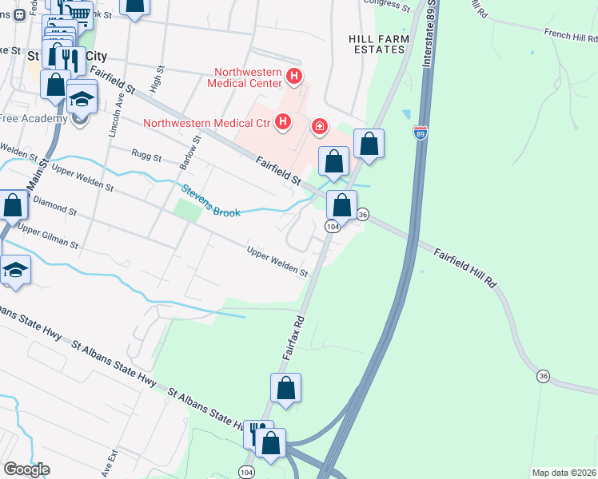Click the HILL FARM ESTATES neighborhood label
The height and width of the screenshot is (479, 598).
point(379,44)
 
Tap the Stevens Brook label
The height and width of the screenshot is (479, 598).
point(211,201)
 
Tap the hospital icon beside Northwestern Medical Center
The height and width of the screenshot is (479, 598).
point(294,77)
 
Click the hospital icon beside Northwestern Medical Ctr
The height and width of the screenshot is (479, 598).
point(282,122)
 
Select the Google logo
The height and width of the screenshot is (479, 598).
point(26,469)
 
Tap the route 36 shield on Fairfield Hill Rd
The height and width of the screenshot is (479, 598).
point(543,376)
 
